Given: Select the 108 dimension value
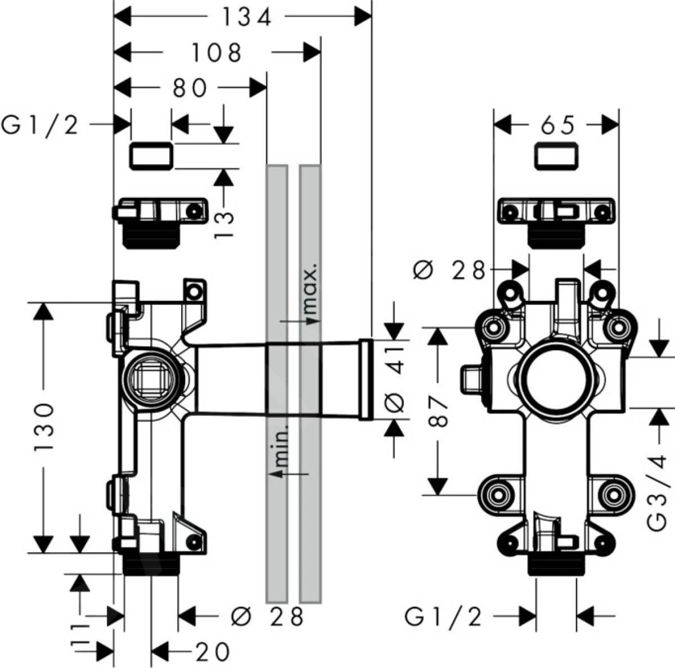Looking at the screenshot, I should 217,53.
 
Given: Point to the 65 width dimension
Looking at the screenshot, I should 558,125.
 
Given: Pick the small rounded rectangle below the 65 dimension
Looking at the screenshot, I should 557,156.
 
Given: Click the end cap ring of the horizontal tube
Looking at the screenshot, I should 366,380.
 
